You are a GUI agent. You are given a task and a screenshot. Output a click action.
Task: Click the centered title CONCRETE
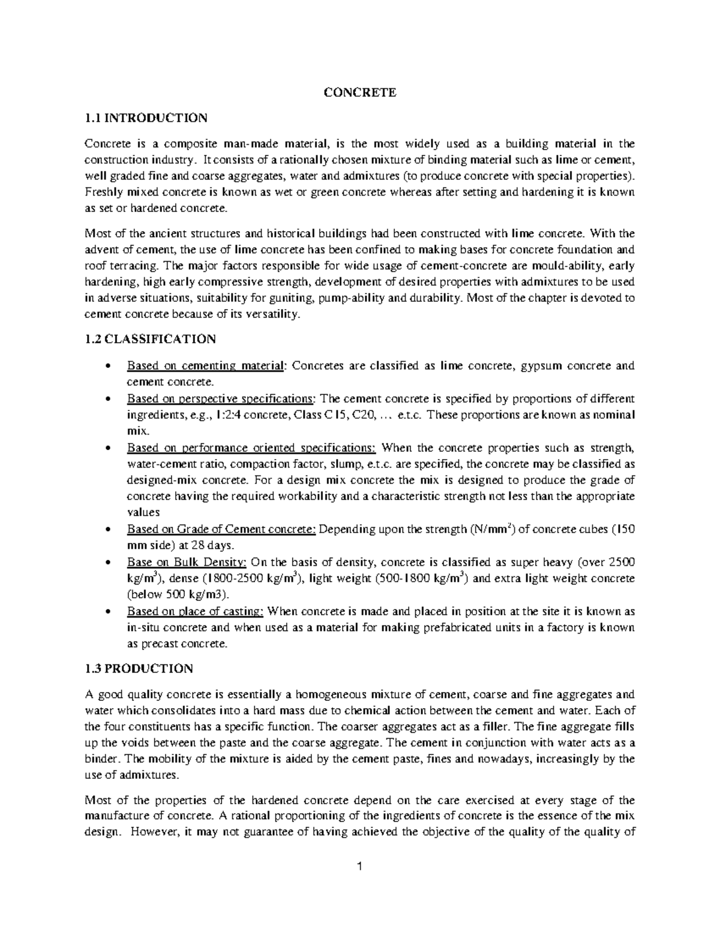360,92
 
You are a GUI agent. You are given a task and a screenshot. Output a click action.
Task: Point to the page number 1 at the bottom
360,867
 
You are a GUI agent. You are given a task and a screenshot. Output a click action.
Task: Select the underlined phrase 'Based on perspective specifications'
221,399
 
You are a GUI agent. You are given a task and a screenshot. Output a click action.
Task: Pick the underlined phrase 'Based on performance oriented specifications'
251,448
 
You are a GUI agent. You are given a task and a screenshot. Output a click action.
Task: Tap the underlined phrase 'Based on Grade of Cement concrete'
221,530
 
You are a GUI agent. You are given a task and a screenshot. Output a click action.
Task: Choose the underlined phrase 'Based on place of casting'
195,612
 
